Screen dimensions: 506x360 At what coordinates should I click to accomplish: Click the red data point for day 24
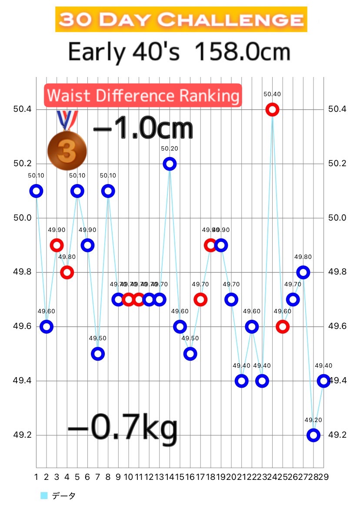[x=272, y=109]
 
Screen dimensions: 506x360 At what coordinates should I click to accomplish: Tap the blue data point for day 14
[x=170, y=164]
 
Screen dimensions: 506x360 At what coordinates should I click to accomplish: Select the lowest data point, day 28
[x=313, y=435]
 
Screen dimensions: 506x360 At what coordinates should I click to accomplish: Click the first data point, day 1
[x=37, y=191]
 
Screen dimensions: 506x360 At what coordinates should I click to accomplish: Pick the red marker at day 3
[x=57, y=245]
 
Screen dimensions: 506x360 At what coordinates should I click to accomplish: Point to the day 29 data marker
[x=323, y=381]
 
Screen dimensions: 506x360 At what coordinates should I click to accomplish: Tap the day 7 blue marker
[x=98, y=354]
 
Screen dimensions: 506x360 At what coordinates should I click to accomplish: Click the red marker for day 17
[x=200, y=299]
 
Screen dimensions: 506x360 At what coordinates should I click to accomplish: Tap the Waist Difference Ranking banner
[x=142, y=95]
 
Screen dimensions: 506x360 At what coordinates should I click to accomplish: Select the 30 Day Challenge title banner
[x=181, y=20]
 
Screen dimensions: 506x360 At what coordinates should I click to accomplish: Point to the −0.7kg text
[x=123, y=428]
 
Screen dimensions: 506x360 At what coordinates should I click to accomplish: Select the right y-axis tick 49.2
[x=337, y=435]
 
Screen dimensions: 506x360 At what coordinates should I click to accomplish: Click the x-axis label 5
[x=77, y=477]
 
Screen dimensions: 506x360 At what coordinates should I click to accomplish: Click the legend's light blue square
[x=43, y=496]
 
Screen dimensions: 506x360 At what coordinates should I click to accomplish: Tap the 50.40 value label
[x=272, y=94]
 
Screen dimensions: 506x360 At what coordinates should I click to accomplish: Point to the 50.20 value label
[x=170, y=148]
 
